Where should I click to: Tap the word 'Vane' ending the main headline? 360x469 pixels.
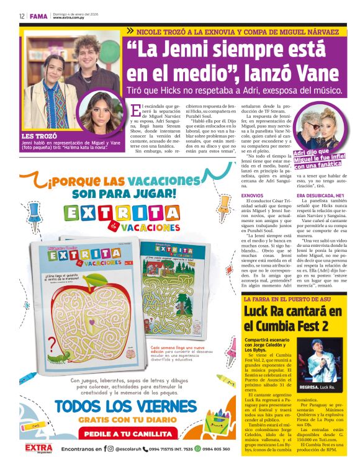pos(322,72)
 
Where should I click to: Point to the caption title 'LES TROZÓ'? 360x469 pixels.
pos(39,135)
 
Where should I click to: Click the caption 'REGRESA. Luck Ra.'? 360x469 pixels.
pos(318,387)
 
